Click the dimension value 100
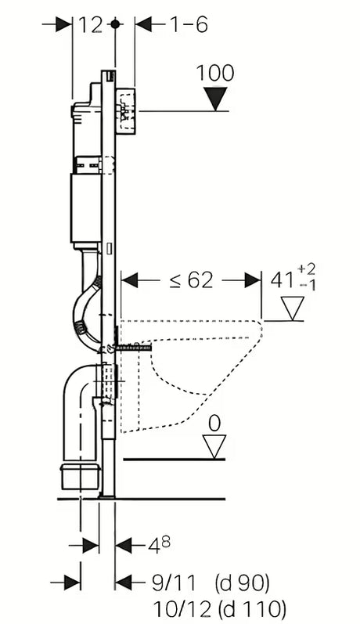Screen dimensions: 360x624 215,74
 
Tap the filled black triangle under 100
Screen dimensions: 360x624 215,99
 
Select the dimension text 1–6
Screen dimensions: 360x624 188,25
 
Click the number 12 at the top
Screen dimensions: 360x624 90,26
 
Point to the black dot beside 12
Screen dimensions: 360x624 115,24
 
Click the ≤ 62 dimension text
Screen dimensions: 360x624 191,280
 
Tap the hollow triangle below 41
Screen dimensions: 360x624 293,308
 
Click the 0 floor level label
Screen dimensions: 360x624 214,424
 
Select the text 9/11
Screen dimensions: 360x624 174,583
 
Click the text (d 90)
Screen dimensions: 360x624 243,583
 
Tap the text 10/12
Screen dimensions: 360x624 182,609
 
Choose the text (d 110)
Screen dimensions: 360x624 252,609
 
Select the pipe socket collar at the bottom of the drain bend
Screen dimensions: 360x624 80,476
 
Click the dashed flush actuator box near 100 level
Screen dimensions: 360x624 127,110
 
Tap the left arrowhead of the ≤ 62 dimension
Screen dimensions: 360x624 129,280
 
